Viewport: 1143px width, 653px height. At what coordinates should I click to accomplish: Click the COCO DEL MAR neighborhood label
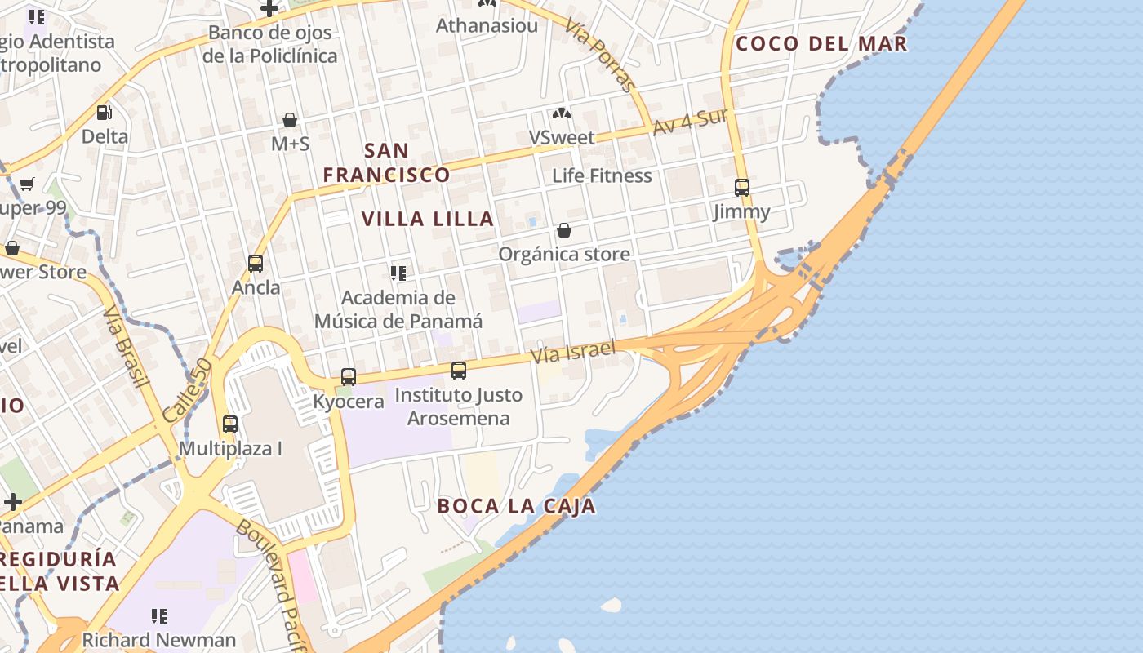(821, 44)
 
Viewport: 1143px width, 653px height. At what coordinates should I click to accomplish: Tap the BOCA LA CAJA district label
(516, 506)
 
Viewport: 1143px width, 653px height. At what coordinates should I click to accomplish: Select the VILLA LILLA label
(428, 219)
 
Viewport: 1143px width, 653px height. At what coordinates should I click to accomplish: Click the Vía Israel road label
(572, 352)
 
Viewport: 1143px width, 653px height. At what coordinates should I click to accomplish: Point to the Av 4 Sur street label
(690, 122)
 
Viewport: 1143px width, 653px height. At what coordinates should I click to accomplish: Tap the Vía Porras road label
(601, 56)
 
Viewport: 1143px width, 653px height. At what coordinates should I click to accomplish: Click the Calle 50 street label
(187, 391)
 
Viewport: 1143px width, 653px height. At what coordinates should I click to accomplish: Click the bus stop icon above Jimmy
(741, 188)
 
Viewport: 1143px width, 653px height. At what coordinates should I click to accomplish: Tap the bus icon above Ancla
(256, 264)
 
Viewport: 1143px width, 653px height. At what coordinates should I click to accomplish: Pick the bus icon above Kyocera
(349, 377)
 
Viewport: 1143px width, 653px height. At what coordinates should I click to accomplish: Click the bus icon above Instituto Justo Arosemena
(459, 371)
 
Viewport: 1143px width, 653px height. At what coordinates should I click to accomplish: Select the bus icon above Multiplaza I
(230, 424)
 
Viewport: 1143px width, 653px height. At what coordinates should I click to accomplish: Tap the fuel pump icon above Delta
(105, 113)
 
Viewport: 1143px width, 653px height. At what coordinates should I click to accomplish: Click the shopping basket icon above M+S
(290, 120)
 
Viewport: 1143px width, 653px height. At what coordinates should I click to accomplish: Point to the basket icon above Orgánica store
(564, 230)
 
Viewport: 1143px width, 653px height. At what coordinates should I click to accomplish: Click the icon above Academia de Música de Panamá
(398, 273)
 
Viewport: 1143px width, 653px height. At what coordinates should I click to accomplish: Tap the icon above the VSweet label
(562, 114)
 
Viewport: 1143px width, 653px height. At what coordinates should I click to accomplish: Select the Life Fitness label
(602, 175)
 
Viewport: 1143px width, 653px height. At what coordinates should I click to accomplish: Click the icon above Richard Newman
(159, 616)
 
